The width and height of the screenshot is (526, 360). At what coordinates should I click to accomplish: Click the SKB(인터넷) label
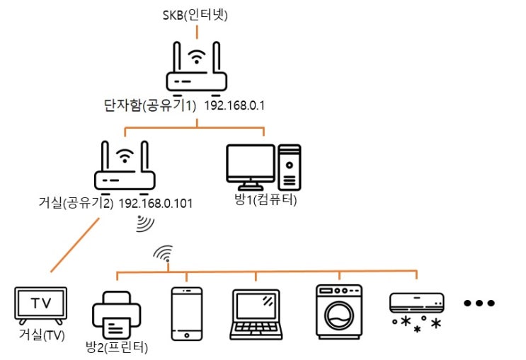(195, 15)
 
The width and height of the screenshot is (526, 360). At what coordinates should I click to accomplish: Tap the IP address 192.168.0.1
(234, 105)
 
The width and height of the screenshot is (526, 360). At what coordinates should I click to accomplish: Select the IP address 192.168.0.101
(156, 204)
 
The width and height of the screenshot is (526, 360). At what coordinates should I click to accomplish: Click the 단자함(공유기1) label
(150, 105)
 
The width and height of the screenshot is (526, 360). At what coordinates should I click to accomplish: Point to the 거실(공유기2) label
(76, 203)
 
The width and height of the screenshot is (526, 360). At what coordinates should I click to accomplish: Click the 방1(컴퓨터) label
(265, 199)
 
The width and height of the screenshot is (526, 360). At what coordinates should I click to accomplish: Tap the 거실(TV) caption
(42, 335)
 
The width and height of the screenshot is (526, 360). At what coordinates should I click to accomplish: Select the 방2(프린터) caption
(117, 347)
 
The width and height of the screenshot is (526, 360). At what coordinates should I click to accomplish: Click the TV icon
(41, 306)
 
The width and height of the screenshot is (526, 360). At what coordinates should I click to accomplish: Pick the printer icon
(116, 315)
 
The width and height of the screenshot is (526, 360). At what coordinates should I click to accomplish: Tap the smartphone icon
(187, 314)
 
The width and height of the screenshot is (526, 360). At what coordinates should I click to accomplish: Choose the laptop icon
(256, 315)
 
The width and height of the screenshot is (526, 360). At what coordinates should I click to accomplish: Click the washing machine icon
(339, 312)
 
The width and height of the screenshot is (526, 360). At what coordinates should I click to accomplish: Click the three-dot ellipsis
(479, 303)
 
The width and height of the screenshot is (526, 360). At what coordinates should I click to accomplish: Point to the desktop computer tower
(289, 167)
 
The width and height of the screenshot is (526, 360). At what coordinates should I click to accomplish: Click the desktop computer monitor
(251, 167)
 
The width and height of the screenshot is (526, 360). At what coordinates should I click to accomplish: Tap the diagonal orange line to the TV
(75, 245)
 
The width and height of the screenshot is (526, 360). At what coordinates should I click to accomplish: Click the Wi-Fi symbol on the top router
(197, 57)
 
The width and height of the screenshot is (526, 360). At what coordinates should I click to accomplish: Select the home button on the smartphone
(187, 335)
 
